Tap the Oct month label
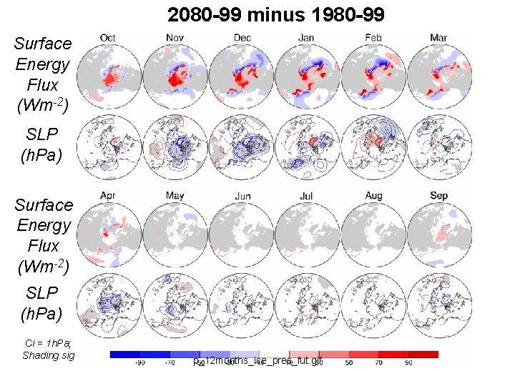(108, 37)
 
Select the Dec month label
(242, 37)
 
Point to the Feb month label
(373, 37)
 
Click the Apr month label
(108, 194)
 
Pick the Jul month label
(308, 194)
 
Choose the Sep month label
(439, 194)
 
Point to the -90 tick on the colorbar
(139, 363)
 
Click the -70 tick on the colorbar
(170, 363)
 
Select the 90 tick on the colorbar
(408, 363)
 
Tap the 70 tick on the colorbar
(378, 363)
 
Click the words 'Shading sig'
(48, 355)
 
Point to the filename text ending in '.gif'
(263, 362)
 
